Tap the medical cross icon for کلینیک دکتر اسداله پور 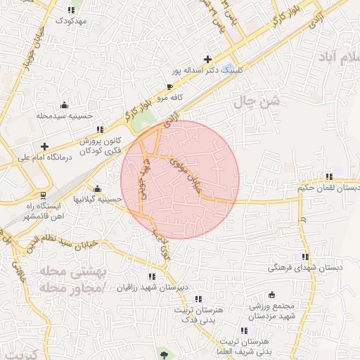207,59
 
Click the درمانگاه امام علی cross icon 44,146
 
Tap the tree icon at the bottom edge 164,354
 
